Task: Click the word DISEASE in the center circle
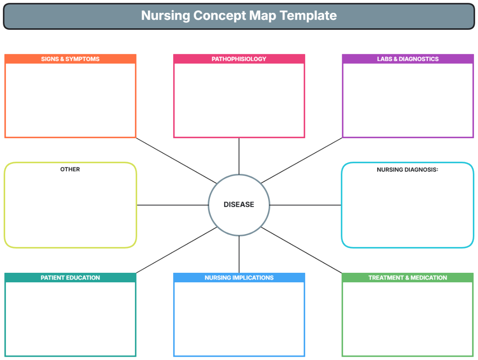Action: [x=239, y=205]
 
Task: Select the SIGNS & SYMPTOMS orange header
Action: [x=70, y=59]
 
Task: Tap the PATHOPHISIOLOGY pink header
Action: [x=239, y=59]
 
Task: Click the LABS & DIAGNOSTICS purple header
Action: [x=407, y=59]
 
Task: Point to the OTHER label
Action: [x=70, y=169]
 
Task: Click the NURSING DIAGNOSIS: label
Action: [x=407, y=170]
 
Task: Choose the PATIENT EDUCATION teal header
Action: [x=70, y=278]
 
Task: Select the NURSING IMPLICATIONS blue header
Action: [x=239, y=278]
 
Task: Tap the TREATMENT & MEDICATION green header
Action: [x=407, y=278]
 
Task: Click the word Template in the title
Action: [x=308, y=16]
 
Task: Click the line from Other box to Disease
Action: [x=172, y=205]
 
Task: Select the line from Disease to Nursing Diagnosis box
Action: [x=306, y=205]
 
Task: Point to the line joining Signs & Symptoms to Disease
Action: [x=176, y=160]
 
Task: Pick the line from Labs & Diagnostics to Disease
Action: [x=302, y=160]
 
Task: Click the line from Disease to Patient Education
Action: [x=176, y=250]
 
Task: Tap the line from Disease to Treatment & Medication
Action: [x=302, y=250]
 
